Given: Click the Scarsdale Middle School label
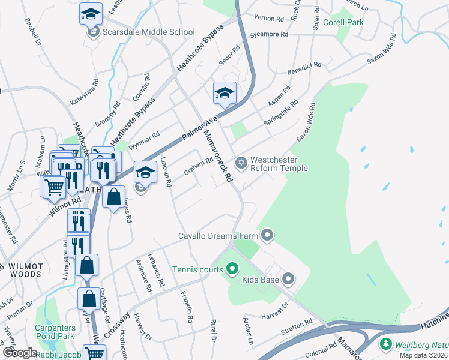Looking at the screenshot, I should pyautogui.click(x=148, y=32).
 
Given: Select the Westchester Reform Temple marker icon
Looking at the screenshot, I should pyautogui.click(x=241, y=163).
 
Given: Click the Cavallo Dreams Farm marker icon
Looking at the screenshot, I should pyautogui.click(x=267, y=235).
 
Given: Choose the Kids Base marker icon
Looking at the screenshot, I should pyautogui.click(x=289, y=278).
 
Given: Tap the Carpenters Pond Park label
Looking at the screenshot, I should pyautogui.click(x=55, y=332).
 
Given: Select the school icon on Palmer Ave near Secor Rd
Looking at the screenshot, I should pyautogui.click(x=224, y=93).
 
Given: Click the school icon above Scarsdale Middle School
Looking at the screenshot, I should pyautogui.click(x=91, y=13).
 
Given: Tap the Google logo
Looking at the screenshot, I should pyautogui.click(x=19, y=353).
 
